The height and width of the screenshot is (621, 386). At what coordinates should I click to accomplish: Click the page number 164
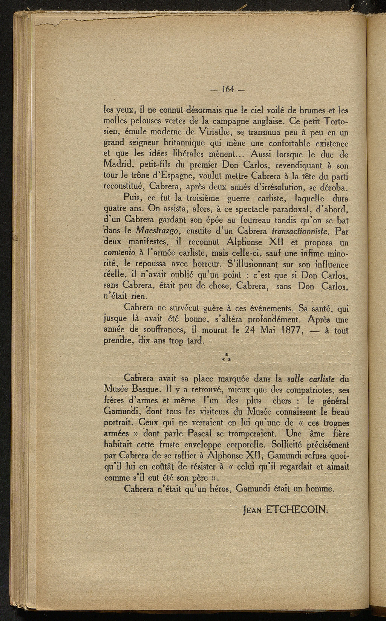228,90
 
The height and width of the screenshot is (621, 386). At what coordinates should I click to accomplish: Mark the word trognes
334,423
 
